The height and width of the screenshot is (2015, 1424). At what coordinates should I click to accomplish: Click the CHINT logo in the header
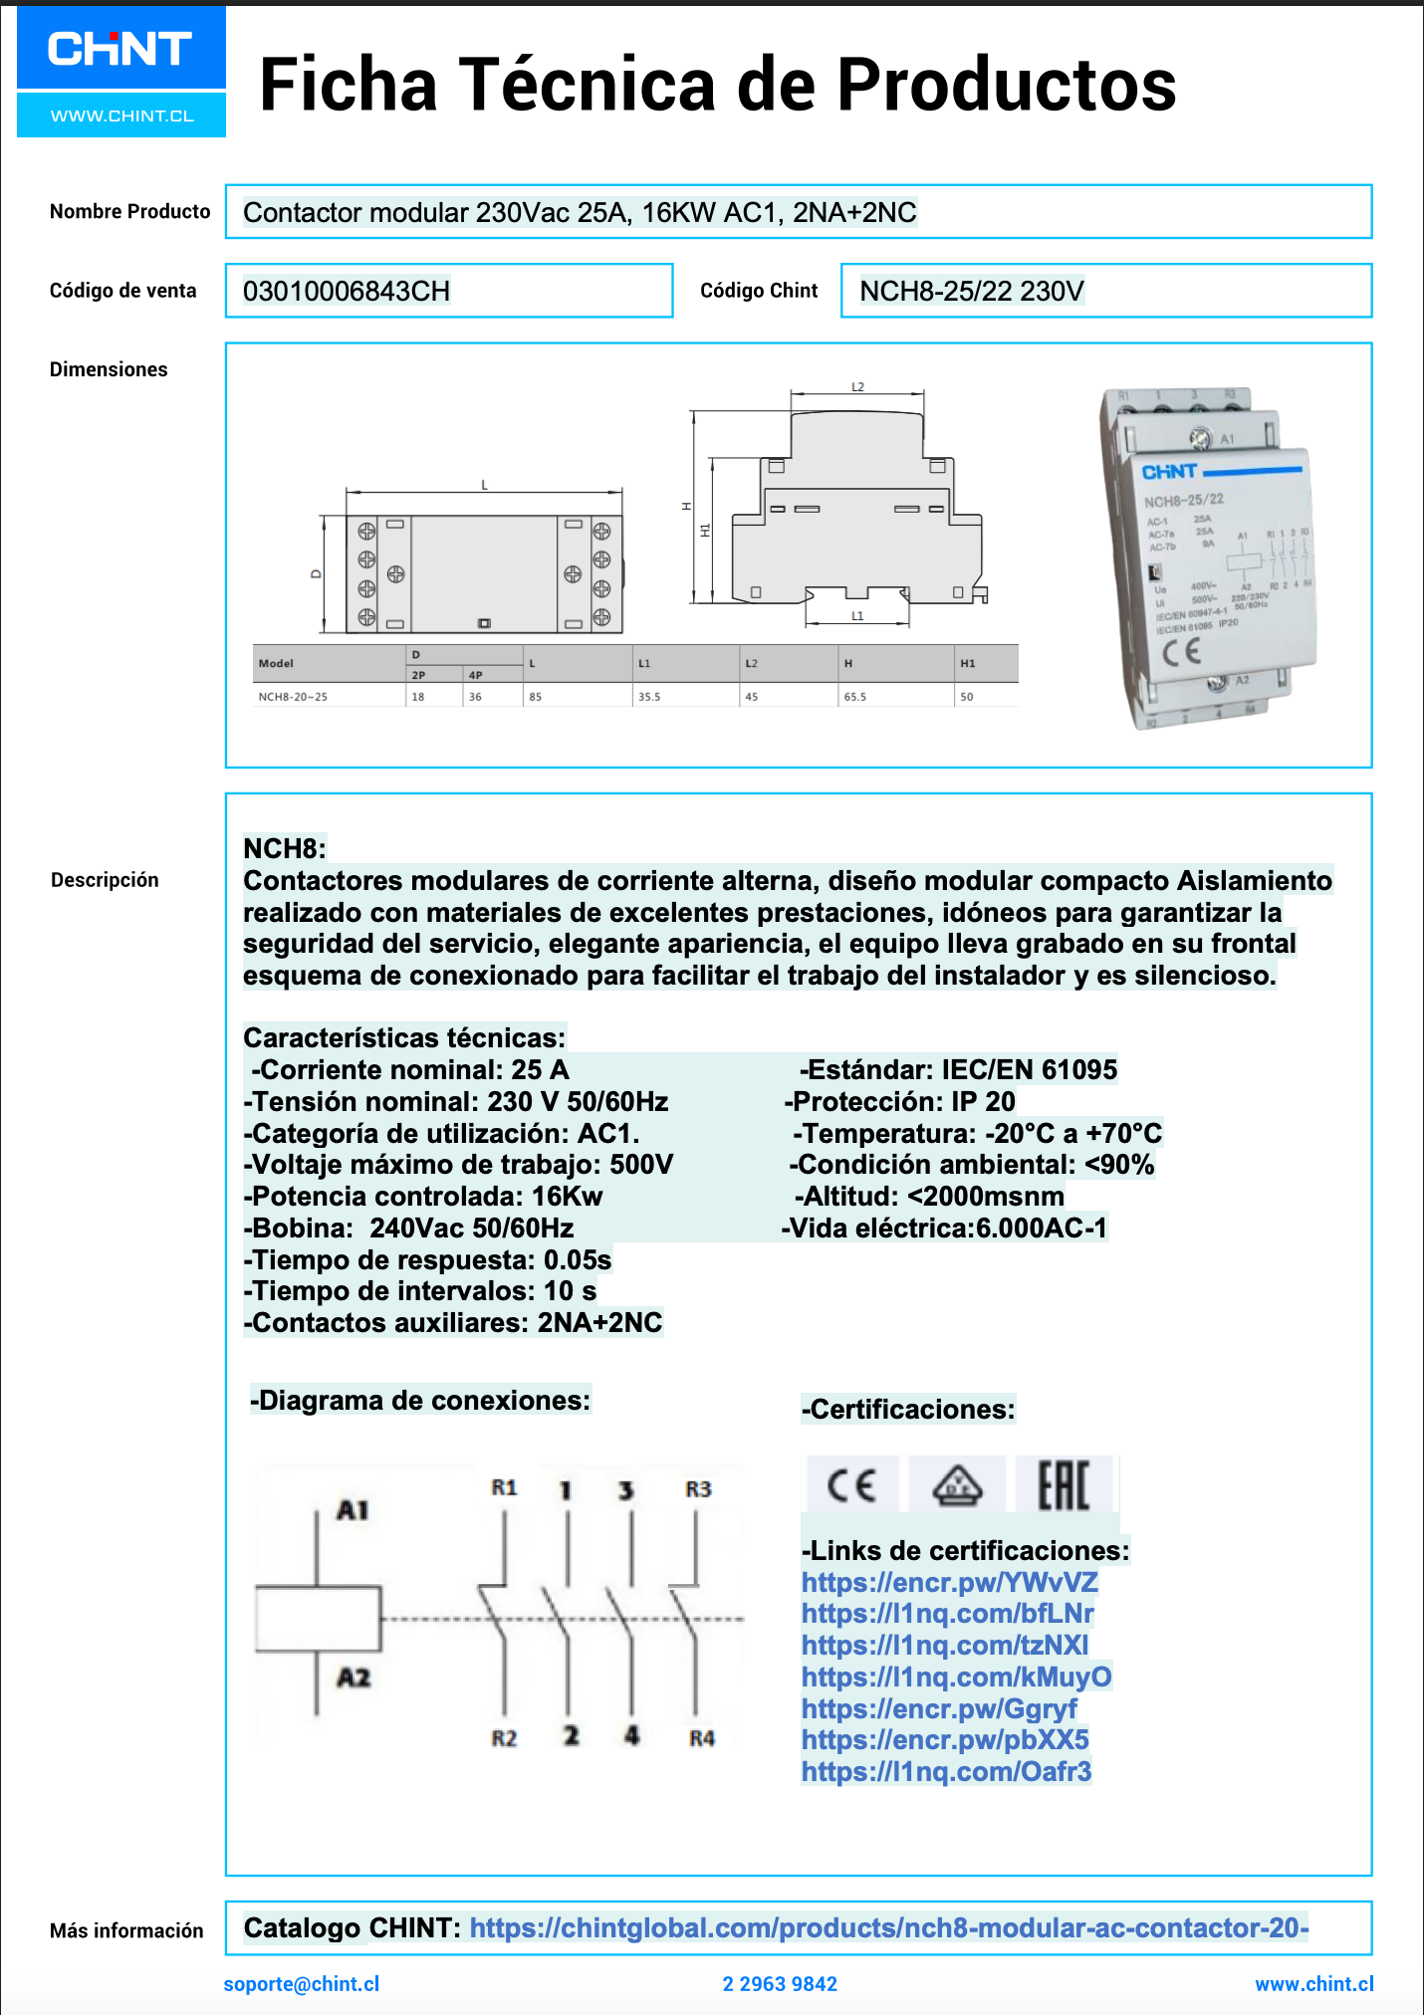[120, 49]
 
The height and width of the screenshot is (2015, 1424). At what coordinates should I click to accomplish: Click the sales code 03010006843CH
[347, 292]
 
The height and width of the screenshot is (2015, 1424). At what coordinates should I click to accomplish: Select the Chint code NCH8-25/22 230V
[971, 292]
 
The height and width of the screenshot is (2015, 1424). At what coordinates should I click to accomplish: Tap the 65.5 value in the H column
[854, 697]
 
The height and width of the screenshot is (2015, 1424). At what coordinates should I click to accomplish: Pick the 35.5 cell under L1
[649, 697]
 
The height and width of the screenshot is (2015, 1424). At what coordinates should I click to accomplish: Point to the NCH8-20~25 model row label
[293, 697]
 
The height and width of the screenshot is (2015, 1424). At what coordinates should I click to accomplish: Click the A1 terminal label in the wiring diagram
[353, 1510]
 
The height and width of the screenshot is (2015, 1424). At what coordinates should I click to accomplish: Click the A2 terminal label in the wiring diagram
[354, 1678]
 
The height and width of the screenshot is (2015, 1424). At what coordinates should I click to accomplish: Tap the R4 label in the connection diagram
[702, 1738]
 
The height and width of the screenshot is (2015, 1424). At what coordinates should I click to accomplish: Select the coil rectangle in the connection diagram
[319, 1619]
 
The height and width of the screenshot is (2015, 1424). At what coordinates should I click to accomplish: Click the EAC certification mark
[1064, 1485]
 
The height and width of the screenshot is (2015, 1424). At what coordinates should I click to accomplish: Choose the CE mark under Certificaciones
[851, 1485]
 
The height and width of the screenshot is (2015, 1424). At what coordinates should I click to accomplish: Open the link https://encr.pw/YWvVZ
[949, 1582]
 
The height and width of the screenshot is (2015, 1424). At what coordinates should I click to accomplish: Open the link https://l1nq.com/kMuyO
[956, 1678]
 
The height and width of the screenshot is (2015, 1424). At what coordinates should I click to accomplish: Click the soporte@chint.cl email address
[302, 1983]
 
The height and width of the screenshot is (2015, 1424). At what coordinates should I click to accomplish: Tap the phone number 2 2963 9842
[780, 1983]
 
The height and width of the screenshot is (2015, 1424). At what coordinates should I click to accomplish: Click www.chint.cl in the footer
[1313, 1983]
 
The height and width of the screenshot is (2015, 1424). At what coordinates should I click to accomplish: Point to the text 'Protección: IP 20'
[900, 1102]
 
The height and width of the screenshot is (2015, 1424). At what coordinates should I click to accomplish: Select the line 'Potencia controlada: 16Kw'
[424, 1197]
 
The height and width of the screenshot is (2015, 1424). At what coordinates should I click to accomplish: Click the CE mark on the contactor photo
[1182, 652]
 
